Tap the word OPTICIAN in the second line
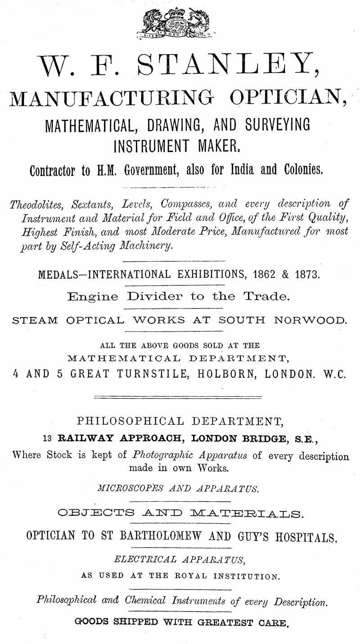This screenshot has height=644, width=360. point(288,98)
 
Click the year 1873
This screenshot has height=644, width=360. point(307,274)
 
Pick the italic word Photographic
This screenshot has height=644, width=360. point(158,455)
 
